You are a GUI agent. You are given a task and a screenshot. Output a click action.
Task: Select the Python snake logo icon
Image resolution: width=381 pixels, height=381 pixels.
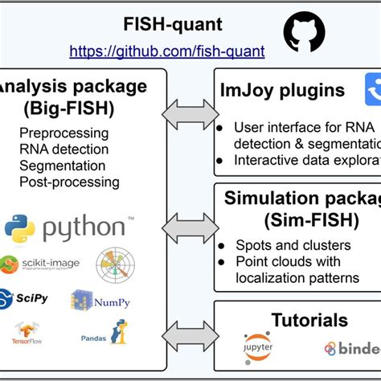(x=19, y=227)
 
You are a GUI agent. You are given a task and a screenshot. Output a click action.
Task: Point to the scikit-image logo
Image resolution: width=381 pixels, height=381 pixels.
(x=39, y=264)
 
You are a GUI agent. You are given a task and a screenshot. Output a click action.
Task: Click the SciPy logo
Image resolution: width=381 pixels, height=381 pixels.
(x=27, y=298)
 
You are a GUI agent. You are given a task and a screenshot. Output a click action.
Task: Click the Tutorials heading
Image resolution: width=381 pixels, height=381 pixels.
(x=298, y=320)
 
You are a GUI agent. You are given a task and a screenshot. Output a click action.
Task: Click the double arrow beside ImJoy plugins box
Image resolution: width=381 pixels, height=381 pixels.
(x=190, y=114)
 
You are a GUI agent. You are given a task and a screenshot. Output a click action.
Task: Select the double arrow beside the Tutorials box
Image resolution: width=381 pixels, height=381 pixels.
(x=190, y=335)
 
